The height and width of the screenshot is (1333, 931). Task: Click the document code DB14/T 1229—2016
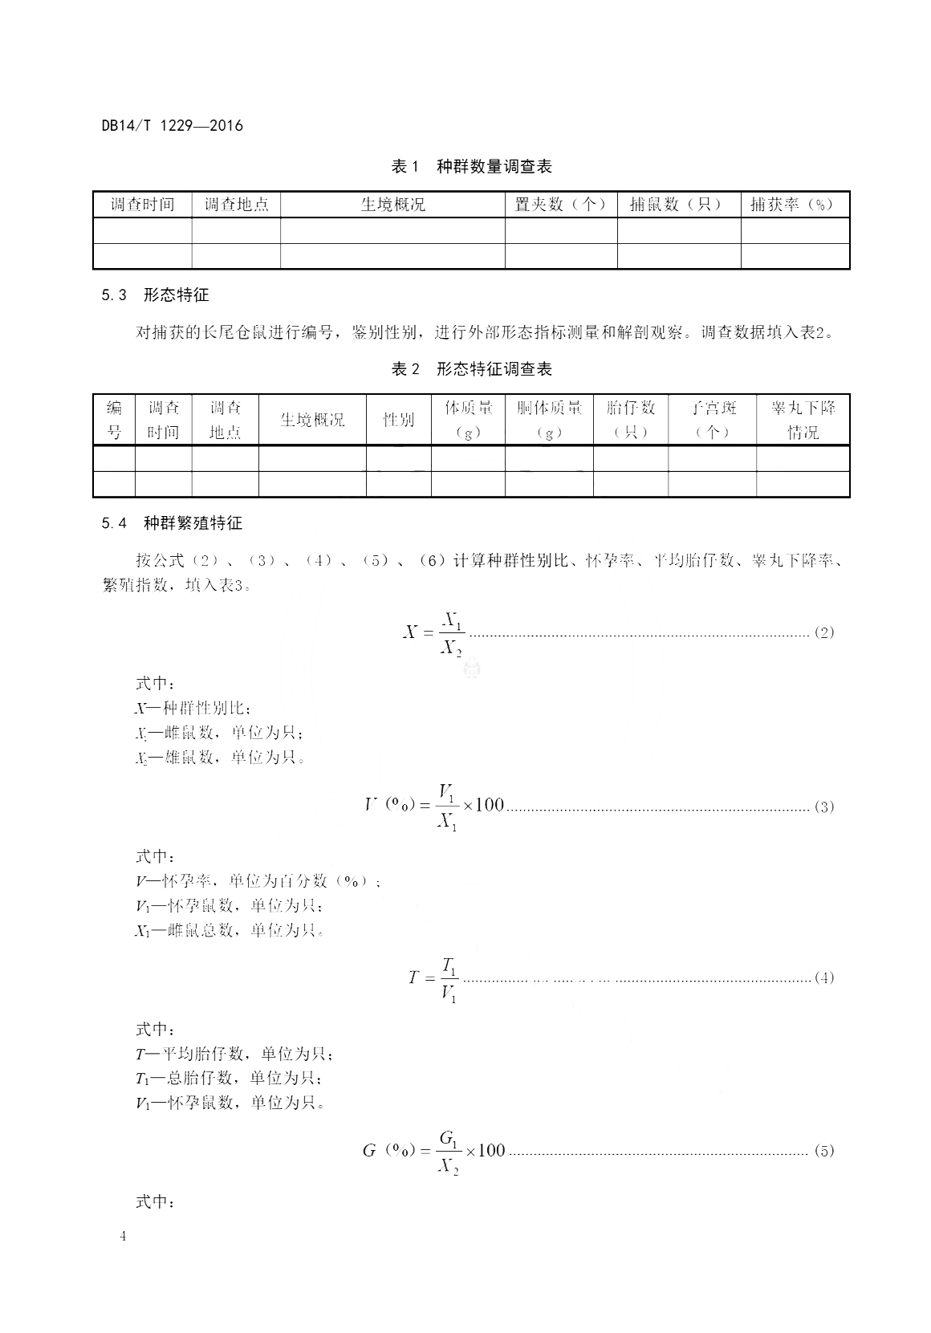click(172, 125)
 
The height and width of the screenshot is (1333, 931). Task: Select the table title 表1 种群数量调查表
click(471, 167)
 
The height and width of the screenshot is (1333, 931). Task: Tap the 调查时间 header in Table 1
click(142, 205)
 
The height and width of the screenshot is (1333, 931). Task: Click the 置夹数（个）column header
click(560, 205)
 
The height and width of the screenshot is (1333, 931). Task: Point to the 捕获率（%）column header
click(794, 205)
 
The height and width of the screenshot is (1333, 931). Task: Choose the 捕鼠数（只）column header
click(677, 205)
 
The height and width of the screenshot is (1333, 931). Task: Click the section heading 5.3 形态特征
click(155, 295)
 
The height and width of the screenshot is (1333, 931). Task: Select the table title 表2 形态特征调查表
click(471, 369)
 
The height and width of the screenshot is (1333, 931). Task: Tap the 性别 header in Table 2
click(398, 420)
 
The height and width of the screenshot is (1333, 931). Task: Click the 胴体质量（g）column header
click(549, 420)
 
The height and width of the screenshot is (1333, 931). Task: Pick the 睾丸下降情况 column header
click(803, 420)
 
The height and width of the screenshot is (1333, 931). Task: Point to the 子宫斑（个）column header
click(712, 420)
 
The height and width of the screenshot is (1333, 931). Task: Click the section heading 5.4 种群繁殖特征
click(172, 523)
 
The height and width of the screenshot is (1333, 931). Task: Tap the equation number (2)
click(824, 632)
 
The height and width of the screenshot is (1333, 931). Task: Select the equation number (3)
click(824, 807)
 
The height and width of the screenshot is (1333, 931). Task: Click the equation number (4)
click(824, 977)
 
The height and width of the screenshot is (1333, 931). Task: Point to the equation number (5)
click(824, 1151)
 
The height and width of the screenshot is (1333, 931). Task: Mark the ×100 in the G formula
click(485, 1151)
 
